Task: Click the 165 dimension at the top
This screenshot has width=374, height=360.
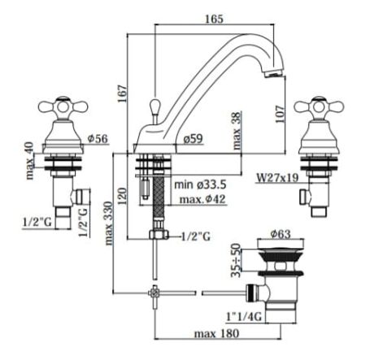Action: [x=214, y=19]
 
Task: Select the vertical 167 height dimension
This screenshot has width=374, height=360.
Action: [x=122, y=93]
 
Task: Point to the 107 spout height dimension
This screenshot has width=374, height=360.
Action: [x=280, y=114]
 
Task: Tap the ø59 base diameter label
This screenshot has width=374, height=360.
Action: [x=193, y=139]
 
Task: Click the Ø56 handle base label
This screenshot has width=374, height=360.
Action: [x=98, y=139]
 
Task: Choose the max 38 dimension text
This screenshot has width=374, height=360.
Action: [x=237, y=131]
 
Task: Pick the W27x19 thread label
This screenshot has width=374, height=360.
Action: [x=277, y=178]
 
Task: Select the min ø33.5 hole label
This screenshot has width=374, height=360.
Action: [x=200, y=184]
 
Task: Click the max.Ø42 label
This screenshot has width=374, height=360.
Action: [x=202, y=199]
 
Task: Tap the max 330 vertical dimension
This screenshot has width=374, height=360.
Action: [x=108, y=223]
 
